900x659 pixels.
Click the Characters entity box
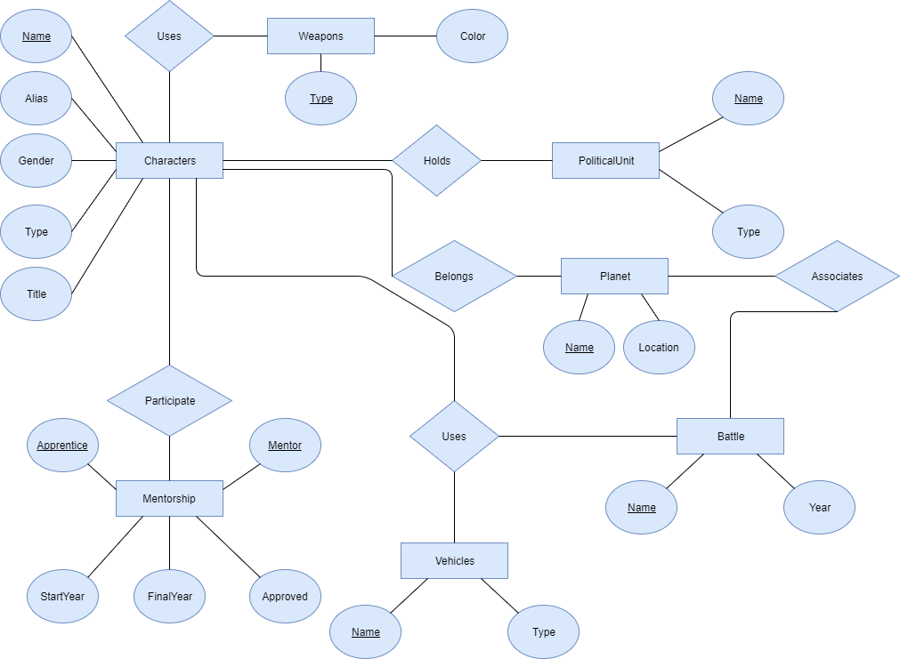pyautogui.click(x=169, y=161)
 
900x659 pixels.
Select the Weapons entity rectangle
pyautogui.click(x=320, y=36)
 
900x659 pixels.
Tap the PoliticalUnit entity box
pyautogui.click(x=605, y=161)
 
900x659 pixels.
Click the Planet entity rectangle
pyautogui.click(x=615, y=276)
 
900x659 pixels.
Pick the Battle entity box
pyautogui.click(x=730, y=437)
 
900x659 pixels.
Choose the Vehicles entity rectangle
pyautogui.click(x=455, y=561)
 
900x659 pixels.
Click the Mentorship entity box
pyautogui.click(x=169, y=498)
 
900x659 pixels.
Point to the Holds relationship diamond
pyautogui.click(x=437, y=161)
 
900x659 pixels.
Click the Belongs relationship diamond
pyautogui.click(x=455, y=276)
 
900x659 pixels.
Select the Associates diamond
pyautogui.click(x=838, y=276)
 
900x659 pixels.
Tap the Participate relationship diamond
pyautogui.click(x=169, y=400)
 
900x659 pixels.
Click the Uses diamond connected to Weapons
pyautogui.click(x=169, y=36)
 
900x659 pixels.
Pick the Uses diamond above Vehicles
pyautogui.click(x=455, y=437)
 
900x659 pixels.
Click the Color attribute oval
pyautogui.click(x=473, y=36)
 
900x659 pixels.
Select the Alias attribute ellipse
pyautogui.click(x=36, y=98)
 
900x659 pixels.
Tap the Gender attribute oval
pyautogui.click(x=36, y=161)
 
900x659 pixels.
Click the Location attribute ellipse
pyautogui.click(x=659, y=347)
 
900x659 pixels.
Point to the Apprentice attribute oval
pyautogui.click(x=62, y=445)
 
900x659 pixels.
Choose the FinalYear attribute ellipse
pyautogui.click(x=169, y=596)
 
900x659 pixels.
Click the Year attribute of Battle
pyautogui.click(x=819, y=507)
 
